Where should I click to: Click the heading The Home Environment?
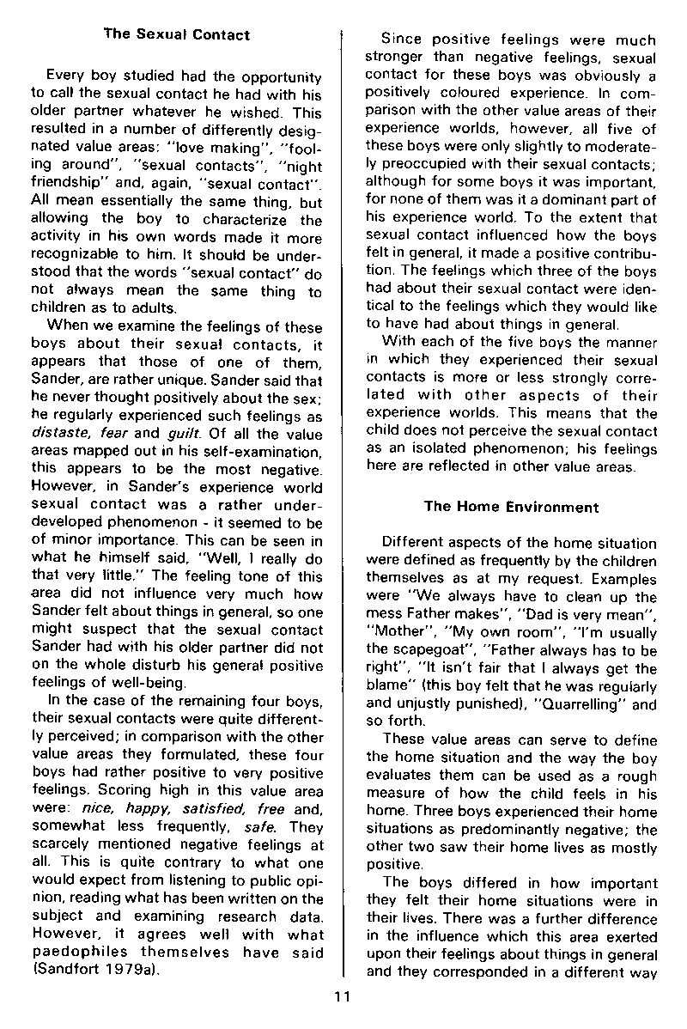(x=511, y=506)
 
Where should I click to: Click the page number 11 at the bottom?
(x=343, y=996)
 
